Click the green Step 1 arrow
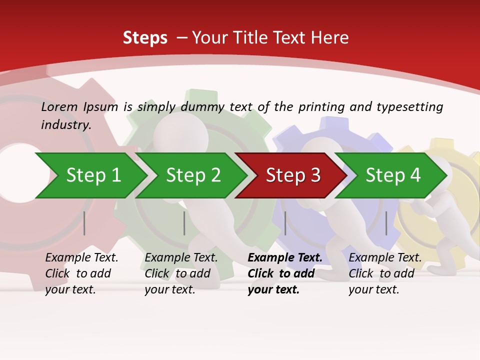coord(92,175)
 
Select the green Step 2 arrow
coord(192,175)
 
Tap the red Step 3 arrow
coord(292,175)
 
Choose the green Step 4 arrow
coord(392,175)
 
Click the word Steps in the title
coord(145,37)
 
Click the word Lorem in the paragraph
coord(59,106)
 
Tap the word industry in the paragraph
coord(66,124)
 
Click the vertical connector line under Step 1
coord(84,223)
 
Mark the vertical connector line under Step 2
coord(184,223)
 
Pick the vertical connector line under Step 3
coord(285,223)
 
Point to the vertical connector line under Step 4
coord(386,223)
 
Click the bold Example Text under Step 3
coord(285,258)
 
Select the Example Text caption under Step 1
coord(81,258)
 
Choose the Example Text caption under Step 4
coord(385,258)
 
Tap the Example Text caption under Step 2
coord(181,258)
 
